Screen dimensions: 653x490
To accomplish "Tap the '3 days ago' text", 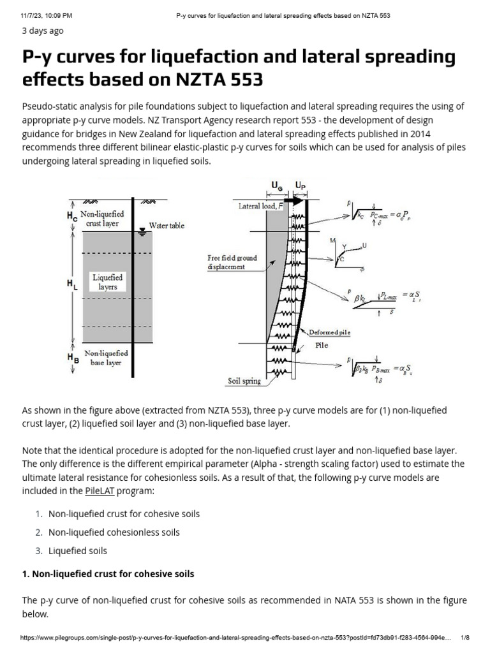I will click(x=43, y=31).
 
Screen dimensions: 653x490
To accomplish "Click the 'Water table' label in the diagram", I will click(x=167, y=226).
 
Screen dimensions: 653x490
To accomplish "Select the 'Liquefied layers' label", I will click(x=107, y=282).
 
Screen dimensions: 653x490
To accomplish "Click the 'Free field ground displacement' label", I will click(x=232, y=262).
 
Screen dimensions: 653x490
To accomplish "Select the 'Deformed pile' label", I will click(x=329, y=332).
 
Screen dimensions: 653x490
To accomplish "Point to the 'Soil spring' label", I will click(x=244, y=381).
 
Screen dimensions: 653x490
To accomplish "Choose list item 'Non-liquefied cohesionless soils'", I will click(x=114, y=532).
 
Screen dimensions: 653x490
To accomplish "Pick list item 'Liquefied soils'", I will click(x=78, y=550).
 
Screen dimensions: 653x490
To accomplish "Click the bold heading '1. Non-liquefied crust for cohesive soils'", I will click(x=108, y=574).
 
